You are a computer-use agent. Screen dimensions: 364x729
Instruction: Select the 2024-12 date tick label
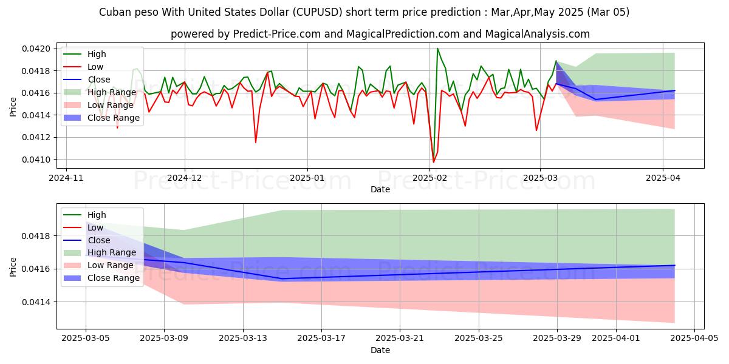pyautogui.click(x=185, y=178)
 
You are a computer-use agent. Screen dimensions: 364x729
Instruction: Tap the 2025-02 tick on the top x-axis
pyautogui.click(x=430, y=178)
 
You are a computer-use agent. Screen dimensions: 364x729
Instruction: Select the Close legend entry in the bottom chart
pyautogui.click(x=98, y=240)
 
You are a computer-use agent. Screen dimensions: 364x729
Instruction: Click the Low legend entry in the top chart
pyautogui.click(x=95, y=67)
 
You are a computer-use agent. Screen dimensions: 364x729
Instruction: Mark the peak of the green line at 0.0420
pyautogui.click(x=437, y=49)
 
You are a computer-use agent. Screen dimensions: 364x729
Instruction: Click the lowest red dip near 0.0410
pyautogui.click(x=433, y=162)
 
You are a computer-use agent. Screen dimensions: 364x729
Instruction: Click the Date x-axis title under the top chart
pyautogui.click(x=380, y=189)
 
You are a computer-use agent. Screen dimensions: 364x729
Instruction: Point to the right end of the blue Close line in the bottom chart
pyautogui.click(x=674, y=265)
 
